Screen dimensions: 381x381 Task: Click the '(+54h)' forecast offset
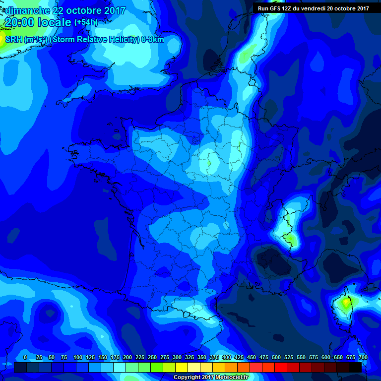(86, 22)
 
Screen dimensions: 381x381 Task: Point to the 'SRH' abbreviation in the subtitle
(13, 40)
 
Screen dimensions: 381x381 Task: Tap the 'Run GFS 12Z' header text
(276, 8)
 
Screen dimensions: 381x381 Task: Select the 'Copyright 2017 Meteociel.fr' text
(210, 378)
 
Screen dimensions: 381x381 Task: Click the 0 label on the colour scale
(25, 358)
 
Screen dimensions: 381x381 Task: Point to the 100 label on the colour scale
(78, 358)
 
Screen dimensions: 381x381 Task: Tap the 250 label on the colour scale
(152, 358)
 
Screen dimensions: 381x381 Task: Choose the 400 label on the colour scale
(227, 358)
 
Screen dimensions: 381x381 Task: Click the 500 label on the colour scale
(276, 358)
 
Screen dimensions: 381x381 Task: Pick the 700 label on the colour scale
(363, 358)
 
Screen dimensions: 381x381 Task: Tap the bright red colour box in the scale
(281, 367)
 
